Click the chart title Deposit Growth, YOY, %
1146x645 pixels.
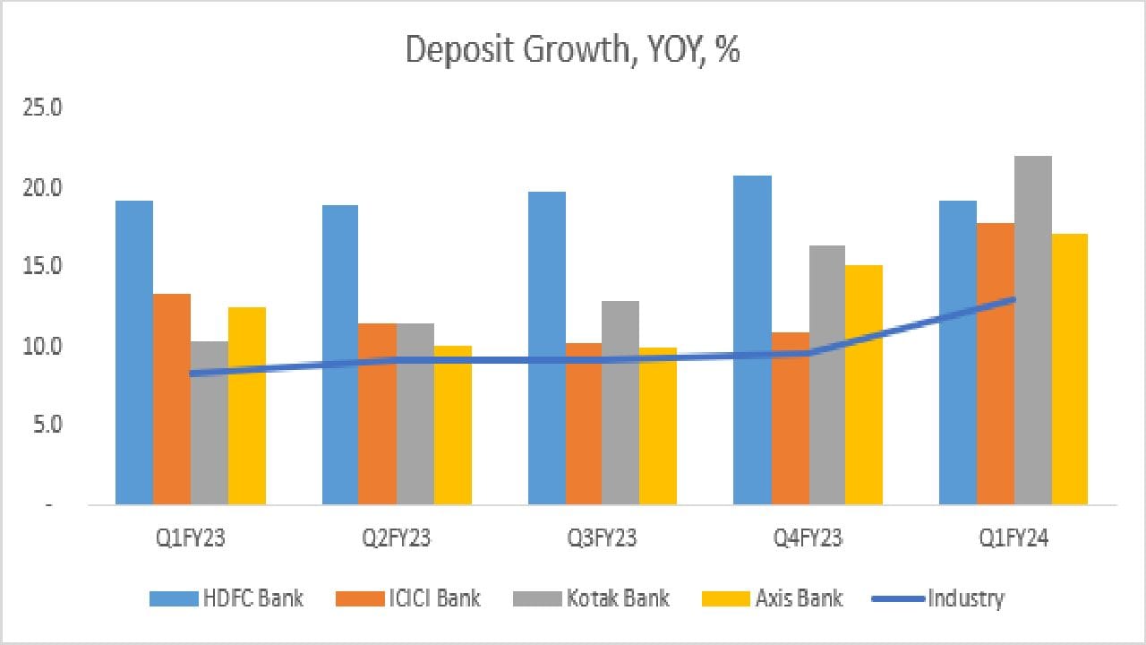[572, 50]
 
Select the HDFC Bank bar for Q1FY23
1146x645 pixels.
[134, 353]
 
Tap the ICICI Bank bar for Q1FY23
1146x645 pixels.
[172, 400]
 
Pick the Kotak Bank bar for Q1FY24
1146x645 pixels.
[1033, 331]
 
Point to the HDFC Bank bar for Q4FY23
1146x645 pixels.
[752, 340]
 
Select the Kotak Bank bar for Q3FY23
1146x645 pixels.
[620, 403]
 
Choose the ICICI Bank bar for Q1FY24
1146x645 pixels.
[996, 364]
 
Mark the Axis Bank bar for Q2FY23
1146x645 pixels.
[453, 426]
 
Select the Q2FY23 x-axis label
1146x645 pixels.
[397, 538]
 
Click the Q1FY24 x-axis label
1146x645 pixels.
[1013, 538]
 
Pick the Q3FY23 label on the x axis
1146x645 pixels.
[602, 538]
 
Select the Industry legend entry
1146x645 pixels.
[937, 598]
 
